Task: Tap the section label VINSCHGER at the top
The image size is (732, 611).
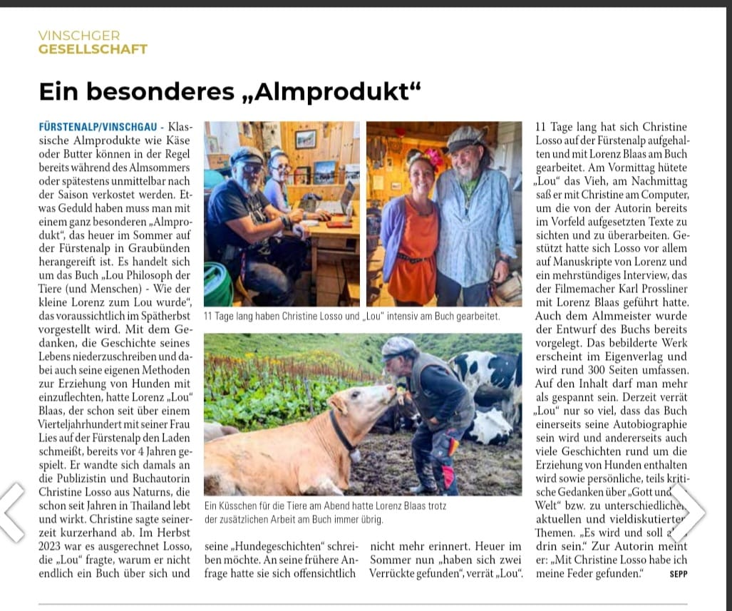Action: (79, 36)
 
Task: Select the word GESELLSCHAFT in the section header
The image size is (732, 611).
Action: (93, 49)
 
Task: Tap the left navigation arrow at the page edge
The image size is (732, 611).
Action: (13, 511)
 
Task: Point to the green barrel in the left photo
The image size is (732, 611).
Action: (218, 284)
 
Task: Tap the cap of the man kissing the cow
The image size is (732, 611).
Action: (398, 346)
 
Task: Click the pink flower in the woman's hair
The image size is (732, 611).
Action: (433, 157)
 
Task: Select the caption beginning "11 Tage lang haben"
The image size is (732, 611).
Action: (352, 315)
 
